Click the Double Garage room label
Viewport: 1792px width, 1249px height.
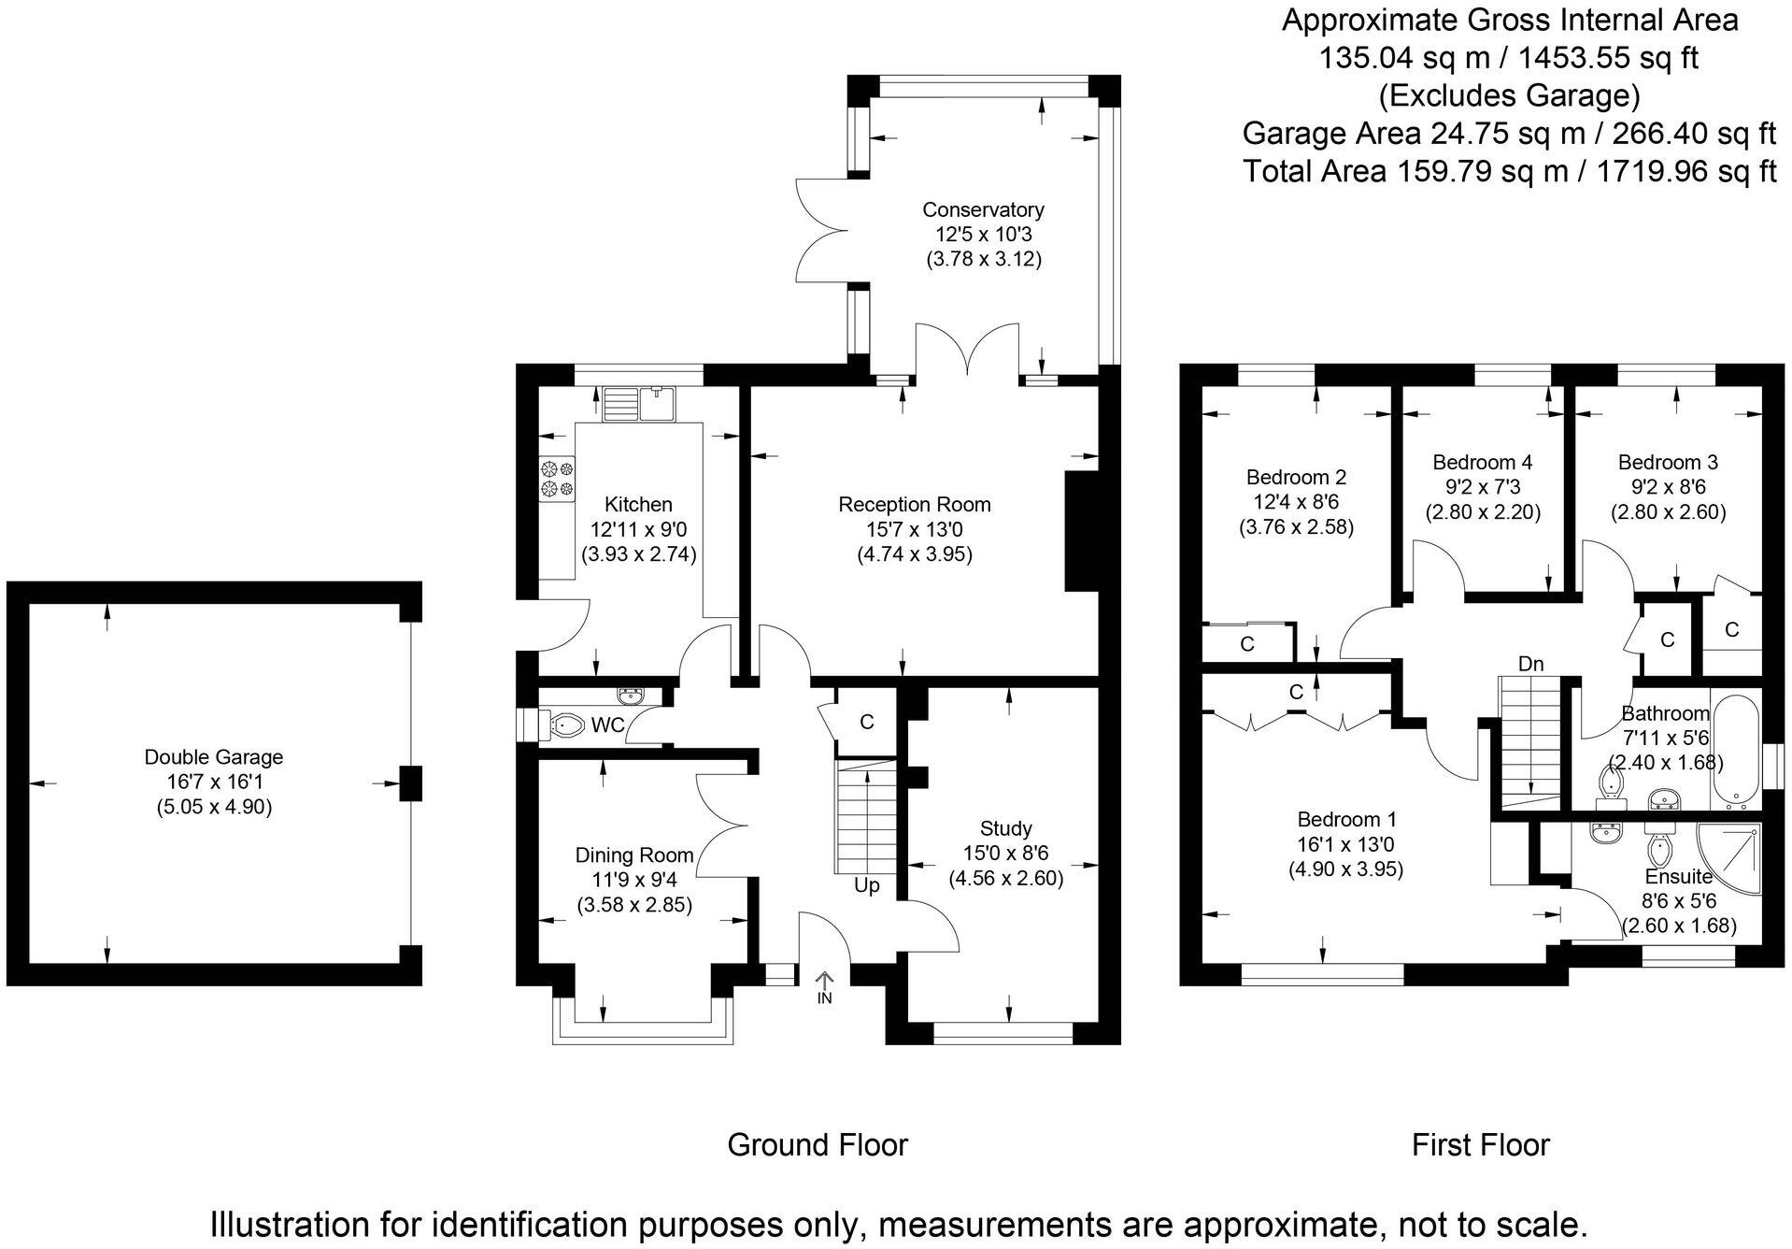pos(214,757)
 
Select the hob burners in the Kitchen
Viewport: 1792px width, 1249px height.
pos(557,477)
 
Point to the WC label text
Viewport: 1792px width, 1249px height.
pos(607,725)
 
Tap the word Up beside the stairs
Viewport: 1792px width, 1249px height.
pos(866,885)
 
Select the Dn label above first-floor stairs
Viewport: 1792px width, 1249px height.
pos(1530,664)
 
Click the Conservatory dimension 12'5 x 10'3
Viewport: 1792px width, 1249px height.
pos(983,235)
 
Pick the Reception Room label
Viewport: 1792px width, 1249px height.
pos(914,505)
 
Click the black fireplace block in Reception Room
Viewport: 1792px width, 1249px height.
pos(1079,531)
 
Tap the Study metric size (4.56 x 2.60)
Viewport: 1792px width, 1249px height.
pos(1005,879)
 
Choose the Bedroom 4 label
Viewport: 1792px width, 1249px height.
pos(1482,462)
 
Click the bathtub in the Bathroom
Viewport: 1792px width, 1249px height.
pos(1735,752)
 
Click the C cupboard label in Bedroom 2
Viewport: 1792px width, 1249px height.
pos(1246,644)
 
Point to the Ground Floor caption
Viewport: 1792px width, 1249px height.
pos(818,1144)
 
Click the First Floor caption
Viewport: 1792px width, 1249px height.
pos(1480,1144)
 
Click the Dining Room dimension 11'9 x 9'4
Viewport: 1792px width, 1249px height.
pos(633,880)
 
